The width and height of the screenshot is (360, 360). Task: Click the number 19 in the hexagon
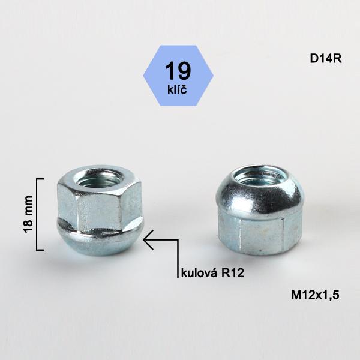tap(178, 71)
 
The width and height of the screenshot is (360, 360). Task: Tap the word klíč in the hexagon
tap(177, 89)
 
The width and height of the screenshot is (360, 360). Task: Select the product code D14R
tap(326, 59)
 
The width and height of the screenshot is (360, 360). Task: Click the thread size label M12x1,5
tap(315, 295)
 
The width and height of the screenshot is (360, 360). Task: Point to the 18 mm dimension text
tap(28, 214)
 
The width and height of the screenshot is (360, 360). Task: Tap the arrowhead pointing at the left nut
tap(148, 239)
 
